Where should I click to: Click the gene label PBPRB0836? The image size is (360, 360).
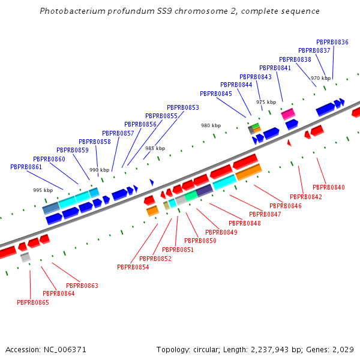332,42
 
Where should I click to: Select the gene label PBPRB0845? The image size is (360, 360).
216,94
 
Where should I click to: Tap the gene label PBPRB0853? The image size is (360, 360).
183,107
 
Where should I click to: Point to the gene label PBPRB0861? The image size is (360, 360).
26,167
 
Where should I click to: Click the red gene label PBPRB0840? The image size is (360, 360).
329,187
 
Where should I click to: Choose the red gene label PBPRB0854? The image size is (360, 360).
133,267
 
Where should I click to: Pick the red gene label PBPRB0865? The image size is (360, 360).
33,302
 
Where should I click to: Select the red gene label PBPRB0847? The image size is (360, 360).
265,214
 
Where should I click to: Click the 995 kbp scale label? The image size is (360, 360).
43,190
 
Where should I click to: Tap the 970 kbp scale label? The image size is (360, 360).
320,78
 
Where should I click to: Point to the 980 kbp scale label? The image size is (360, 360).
211,125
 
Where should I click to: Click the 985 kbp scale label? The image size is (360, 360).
155,148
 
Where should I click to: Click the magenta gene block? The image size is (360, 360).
288,113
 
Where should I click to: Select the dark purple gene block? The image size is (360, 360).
205,190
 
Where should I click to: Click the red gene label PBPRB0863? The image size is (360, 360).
82,286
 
